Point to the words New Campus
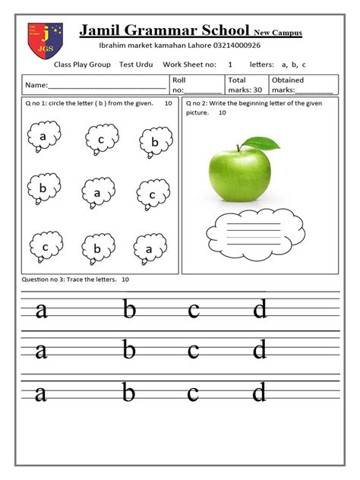pos(278,33)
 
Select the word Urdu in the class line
pos(145,65)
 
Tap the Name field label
pos(36,86)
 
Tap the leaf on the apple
pos(262,141)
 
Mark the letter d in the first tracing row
pos(260,310)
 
